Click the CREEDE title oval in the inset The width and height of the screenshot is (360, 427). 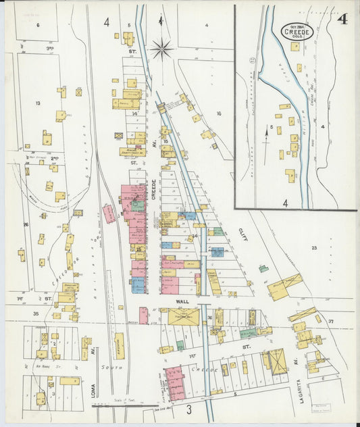pyautogui.click(x=297, y=31)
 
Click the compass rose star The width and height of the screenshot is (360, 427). pyautogui.click(x=162, y=49)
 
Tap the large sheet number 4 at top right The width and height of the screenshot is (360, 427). pyautogui.click(x=343, y=19)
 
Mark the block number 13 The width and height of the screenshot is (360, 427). pyautogui.click(x=38, y=103)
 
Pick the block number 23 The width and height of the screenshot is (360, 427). pyautogui.click(x=314, y=248)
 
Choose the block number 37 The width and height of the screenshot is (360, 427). pyautogui.click(x=331, y=321)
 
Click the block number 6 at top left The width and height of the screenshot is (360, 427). pyautogui.click(x=38, y=25)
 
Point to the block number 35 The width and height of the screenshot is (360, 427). pyautogui.click(x=35, y=313)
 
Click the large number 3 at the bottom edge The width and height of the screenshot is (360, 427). pyautogui.click(x=189, y=409)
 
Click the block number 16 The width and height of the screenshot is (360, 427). pyautogui.click(x=218, y=114)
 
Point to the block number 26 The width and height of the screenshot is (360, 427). pyautogui.click(x=26, y=224)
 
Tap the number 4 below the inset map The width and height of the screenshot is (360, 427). pyautogui.click(x=286, y=202)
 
